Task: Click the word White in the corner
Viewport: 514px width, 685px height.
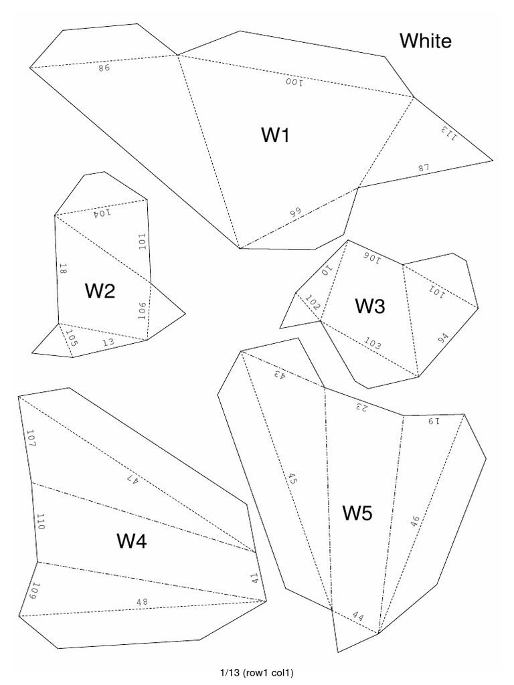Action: click(x=426, y=41)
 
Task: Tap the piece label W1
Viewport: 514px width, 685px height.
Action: click(x=275, y=135)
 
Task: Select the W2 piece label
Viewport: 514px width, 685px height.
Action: click(x=100, y=291)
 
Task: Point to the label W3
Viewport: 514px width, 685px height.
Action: click(x=370, y=306)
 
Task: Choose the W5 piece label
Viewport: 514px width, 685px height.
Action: click(x=358, y=513)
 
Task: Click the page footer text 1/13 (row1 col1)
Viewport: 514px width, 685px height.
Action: click(x=256, y=672)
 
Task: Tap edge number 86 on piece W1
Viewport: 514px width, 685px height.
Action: click(x=103, y=67)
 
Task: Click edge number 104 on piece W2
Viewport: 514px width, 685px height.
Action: click(x=100, y=213)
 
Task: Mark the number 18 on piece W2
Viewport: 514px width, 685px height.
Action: click(x=62, y=270)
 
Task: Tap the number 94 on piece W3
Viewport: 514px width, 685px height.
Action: click(x=444, y=338)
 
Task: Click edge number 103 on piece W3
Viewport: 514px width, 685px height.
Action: click(x=373, y=344)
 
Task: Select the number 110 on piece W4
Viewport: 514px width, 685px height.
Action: click(x=40, y=522)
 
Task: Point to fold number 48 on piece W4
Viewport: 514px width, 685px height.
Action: click(x=142, y=602)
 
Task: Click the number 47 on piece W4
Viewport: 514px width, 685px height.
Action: click(x=131, y=478)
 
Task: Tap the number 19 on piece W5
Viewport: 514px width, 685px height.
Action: click(x=436, y=421)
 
